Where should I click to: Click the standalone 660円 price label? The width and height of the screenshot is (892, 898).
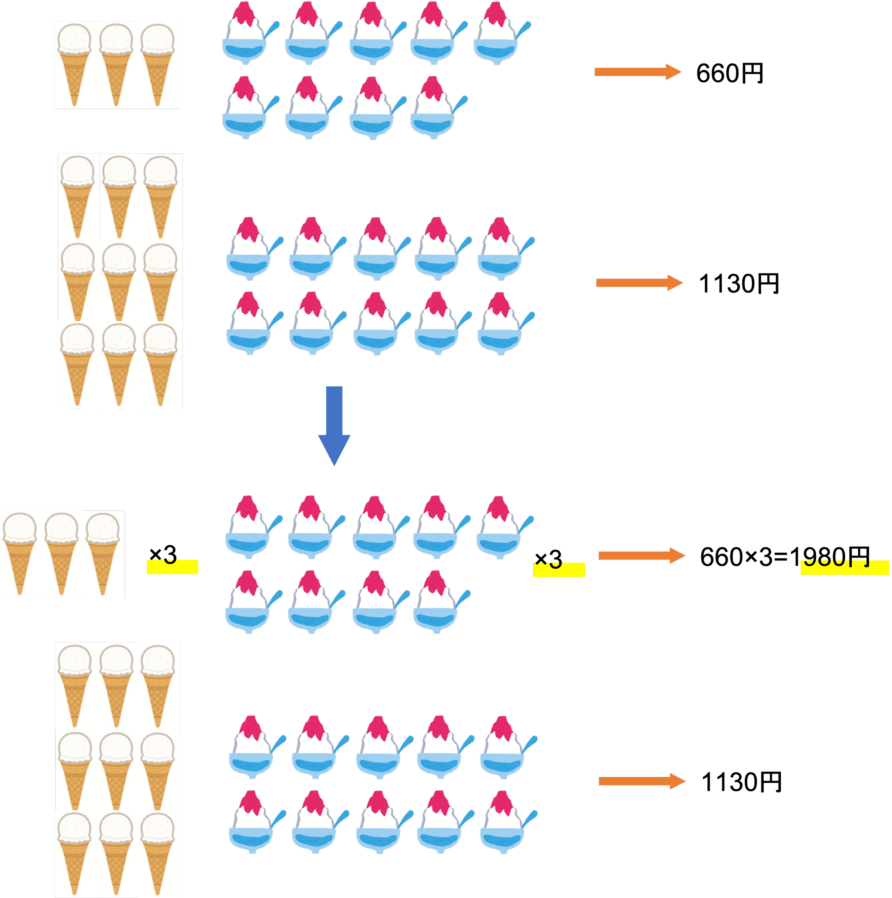729,73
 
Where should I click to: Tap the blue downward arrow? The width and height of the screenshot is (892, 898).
334,425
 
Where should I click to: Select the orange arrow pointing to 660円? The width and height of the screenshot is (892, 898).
638,72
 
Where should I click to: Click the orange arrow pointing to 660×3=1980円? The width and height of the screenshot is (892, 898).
641,555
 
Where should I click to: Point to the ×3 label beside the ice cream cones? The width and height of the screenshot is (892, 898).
163,555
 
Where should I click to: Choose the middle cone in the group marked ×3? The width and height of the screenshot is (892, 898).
61,553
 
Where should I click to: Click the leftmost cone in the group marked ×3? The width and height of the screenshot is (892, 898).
20,553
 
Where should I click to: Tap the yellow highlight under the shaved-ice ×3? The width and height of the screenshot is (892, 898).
559,571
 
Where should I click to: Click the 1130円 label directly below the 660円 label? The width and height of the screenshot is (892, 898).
739,283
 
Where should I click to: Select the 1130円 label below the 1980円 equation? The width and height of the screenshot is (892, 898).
741,782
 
